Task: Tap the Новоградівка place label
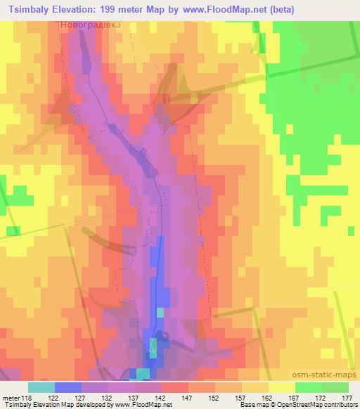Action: click(x=90, y=24)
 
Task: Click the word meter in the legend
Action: click(x=11, y=398)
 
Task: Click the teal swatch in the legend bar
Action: click(x=41, y=387)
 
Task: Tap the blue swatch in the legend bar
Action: click(x=68, y=387)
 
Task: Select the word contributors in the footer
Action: click(x=341, y=405)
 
